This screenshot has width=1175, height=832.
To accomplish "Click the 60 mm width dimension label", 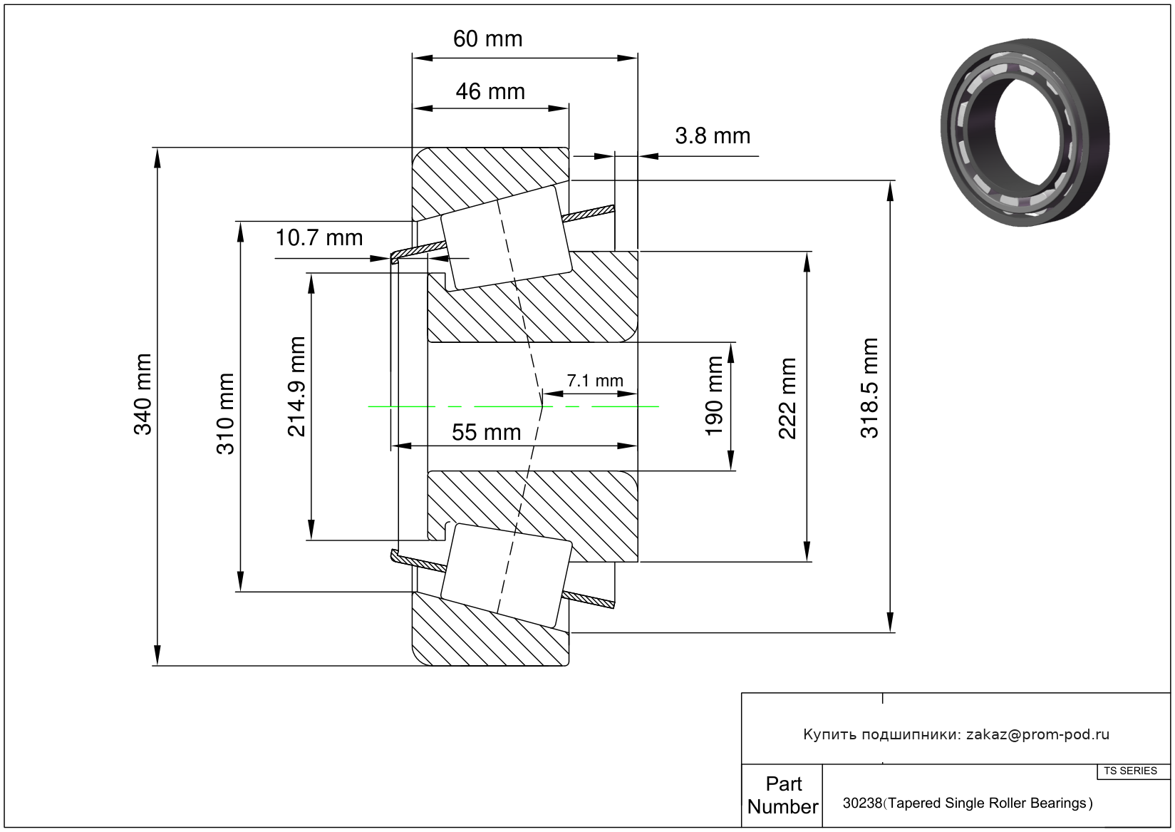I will pos(487,38).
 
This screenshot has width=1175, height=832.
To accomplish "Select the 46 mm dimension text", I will pos(490,91).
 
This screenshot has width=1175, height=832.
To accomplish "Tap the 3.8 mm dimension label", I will pos(713,135).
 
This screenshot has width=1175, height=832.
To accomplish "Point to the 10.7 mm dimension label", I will pos(319,237).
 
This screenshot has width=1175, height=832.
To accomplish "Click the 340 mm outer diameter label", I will pos(143,394).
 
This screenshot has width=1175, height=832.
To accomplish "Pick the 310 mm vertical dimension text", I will pos(225,414).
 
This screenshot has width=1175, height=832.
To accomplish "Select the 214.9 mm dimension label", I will pos(296,386).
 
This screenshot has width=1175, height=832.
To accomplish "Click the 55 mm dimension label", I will pos(487,432).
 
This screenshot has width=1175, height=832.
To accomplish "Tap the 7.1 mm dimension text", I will pos(595,381).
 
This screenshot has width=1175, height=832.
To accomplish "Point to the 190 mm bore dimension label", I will pos(714,396).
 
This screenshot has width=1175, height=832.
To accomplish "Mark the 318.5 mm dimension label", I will pos(870,388).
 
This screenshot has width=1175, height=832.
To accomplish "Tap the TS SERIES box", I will pos(1130,771).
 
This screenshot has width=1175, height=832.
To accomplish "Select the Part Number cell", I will pos(782,795).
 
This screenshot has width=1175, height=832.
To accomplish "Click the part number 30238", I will pos(862,803).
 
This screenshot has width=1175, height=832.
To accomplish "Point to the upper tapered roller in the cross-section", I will pos(506,238).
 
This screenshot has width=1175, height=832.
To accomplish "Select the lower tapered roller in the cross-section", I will pos(506,575).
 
